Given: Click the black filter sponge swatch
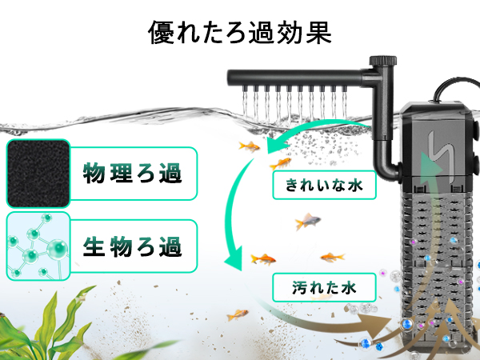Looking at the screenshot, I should click(36, 172).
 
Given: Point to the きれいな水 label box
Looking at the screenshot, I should click(318, 186).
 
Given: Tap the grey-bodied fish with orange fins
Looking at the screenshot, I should click(307, 222).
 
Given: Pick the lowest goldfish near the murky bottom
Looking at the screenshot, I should click(237, 314).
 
